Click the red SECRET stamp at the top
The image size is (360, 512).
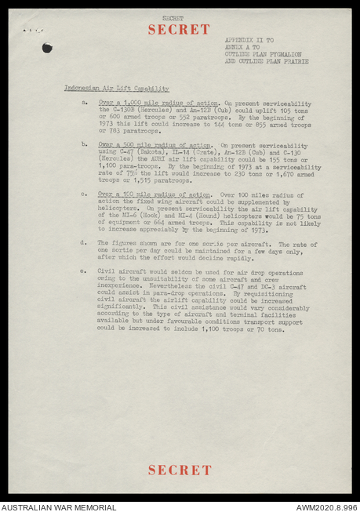(x=179, y=30)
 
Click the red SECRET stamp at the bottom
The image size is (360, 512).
(x=180, y=470)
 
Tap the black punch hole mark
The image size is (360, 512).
(x=47, y=48)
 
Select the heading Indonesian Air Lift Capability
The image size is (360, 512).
(x=116, y=89)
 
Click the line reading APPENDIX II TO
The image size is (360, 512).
(x=249, y=39)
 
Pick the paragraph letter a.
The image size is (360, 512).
(x=85, y=103)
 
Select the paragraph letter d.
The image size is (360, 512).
(x=85, y=243)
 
